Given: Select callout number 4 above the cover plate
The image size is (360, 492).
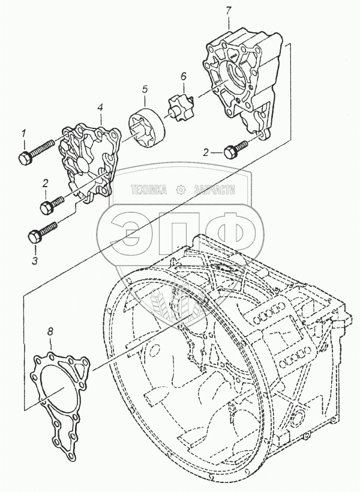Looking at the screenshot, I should tap(100, 107).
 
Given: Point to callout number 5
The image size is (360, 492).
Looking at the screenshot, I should tap(145, 90).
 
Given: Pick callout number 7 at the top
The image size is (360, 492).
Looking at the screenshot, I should tap(229, 10).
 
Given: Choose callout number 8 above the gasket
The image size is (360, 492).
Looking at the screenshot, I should tap(50, 331).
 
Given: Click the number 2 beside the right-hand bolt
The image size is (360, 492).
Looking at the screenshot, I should tap(205, 152).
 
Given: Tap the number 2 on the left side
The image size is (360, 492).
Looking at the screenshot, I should tap(44, 183).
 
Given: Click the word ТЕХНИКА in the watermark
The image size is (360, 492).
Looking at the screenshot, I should tap(148, 190).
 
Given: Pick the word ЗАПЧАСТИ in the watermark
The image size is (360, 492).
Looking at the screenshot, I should tap(210, 190).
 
